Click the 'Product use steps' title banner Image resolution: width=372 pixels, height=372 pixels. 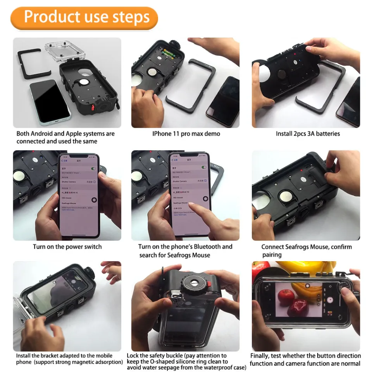[x=84, y=17]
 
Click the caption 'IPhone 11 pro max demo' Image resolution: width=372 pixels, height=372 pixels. [x=186, y=134]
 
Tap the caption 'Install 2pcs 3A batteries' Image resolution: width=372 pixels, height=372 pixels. [x=308, y=134]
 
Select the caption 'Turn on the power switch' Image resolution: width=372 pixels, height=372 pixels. [x=67, y=247]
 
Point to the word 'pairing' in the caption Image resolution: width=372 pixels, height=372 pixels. [x=272, y=255]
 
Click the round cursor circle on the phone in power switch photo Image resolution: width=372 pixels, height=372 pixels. [x=94, y=200]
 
